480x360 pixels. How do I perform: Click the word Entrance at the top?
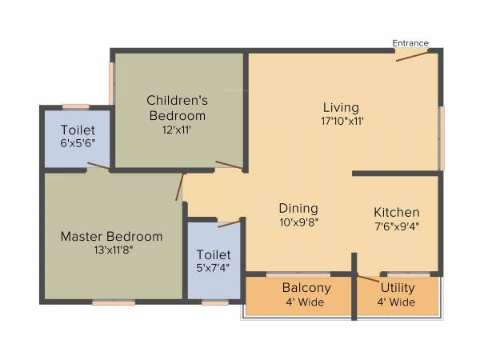coord(410,43)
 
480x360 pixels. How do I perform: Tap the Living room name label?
coord(341,107)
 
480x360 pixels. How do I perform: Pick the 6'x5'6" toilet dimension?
coord(77,143)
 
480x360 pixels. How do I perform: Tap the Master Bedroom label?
coord(111,237)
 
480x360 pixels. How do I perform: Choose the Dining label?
coord(298,209)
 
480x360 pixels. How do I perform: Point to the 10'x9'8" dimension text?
coord(298,223)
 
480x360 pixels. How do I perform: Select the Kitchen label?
coord(397,213)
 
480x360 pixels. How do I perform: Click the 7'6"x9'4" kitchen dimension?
coord(397,226)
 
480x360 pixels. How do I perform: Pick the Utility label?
coord(397,288)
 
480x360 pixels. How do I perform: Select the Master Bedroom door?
coord(182,187)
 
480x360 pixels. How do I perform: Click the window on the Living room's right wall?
coord(442,127)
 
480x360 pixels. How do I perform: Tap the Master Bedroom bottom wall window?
coord(113,302)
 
